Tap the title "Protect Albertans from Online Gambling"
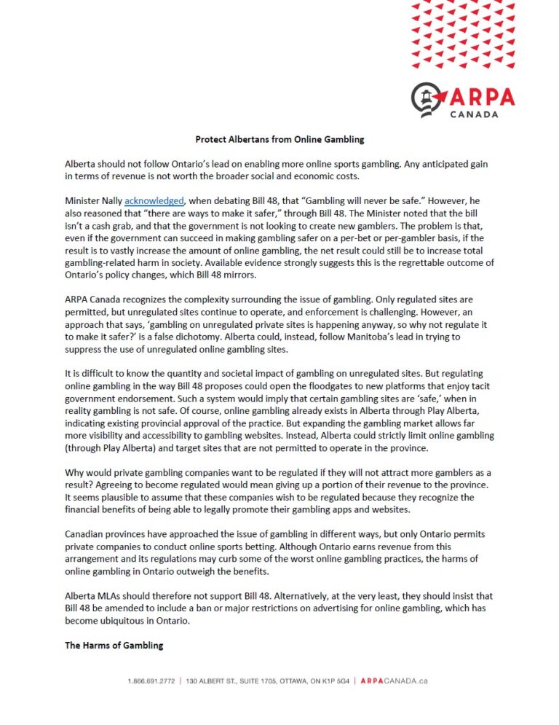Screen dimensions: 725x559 coord(279,138)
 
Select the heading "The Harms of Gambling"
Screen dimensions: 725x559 coord(114,645)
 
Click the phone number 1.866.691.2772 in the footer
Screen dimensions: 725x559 coord(152,681)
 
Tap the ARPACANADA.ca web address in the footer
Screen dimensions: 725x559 coord(394,681)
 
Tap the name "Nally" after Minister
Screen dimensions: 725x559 coord(111,200)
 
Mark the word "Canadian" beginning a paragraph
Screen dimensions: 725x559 coord(86,534)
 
